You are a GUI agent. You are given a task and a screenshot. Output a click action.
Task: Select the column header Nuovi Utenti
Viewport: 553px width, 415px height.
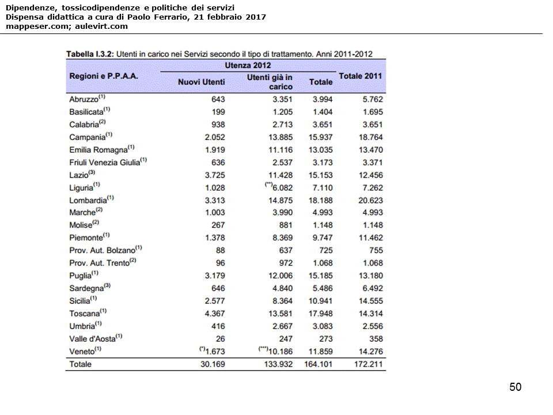click(201, 82)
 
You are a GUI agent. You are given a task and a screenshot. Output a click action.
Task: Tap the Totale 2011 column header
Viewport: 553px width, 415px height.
click(361, 76)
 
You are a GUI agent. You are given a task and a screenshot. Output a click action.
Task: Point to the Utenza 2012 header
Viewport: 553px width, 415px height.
click(248, 65)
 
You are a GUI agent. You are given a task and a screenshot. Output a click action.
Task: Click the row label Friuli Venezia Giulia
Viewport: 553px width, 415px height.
click(104, 163)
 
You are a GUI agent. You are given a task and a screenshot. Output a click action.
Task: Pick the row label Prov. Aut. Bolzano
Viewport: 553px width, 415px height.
click(102, 251)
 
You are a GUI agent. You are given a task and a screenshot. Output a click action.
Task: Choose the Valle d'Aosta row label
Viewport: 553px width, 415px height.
click(92, 339)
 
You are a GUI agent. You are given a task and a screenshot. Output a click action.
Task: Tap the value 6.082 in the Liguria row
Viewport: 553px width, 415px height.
click(282, 188)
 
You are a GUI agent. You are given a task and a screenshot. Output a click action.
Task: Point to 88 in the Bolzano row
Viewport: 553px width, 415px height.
click(220, 251)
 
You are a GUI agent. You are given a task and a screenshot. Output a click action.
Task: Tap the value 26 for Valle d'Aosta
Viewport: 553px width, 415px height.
click(220, 339)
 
